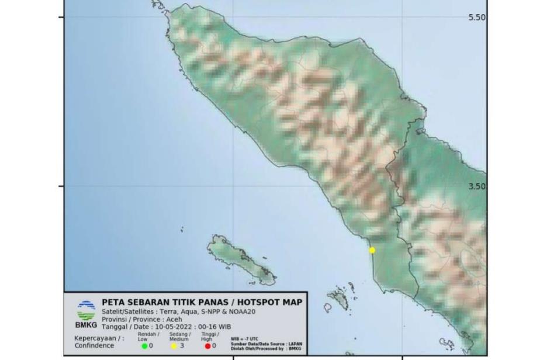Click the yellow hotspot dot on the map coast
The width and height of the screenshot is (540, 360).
[372, 250]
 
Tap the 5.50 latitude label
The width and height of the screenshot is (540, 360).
[476, 18]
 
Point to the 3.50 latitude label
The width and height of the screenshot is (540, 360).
[476, 186]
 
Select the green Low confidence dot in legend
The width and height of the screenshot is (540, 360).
[144, 346]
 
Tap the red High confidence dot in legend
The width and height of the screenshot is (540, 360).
[207, 346]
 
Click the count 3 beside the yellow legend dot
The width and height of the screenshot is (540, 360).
[182, 346]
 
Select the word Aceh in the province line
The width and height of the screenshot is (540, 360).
[172, 320]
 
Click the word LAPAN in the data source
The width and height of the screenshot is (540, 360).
[295, 344]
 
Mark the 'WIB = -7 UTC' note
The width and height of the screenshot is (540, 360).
[244, 338]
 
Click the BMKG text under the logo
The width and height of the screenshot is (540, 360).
[86, 325]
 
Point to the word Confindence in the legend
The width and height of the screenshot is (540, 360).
[95, 345]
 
